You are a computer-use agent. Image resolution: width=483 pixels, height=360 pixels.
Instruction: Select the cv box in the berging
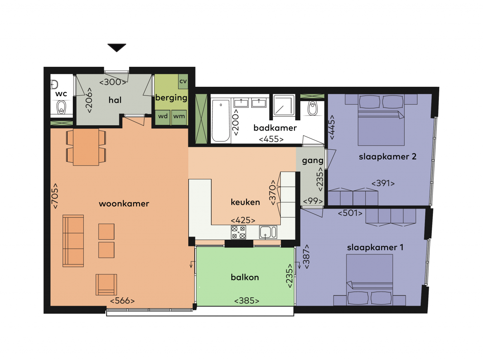click(183, 81)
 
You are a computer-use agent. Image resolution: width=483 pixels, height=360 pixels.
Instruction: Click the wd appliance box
click(163, 117)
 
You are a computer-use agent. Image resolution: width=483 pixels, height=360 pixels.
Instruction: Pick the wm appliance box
click(179, 117)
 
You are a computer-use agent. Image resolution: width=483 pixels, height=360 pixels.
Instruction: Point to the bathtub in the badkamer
click(220, 120)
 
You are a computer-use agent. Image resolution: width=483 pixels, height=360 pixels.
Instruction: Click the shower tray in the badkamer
click(284, 105)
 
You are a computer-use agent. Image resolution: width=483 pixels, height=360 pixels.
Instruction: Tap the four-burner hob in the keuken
click(238, 232)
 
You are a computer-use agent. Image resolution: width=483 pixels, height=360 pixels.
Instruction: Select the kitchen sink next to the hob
click(268, 232)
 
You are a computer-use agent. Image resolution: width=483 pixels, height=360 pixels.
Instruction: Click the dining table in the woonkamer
click(86, 147)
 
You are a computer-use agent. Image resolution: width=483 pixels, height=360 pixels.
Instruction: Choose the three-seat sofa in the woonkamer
click(73, 241)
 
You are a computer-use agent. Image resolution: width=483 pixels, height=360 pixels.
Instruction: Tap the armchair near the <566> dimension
click(106, 285)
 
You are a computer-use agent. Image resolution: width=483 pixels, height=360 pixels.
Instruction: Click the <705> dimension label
click(55, 196)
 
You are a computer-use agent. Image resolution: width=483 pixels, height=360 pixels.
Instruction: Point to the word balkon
click(245, 277)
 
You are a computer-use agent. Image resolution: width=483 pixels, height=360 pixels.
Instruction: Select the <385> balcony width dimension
click(247, 301)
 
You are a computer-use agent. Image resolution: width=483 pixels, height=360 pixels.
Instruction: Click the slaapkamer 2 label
click(388, 157)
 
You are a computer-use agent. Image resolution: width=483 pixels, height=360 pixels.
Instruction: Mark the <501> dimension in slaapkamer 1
click(350, 213)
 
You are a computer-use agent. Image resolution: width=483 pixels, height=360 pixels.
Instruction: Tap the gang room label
click(312, 161)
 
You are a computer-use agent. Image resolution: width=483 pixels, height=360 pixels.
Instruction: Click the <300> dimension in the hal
click(112, 82)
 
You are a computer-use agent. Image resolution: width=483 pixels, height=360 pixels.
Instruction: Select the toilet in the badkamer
click(312, 108)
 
